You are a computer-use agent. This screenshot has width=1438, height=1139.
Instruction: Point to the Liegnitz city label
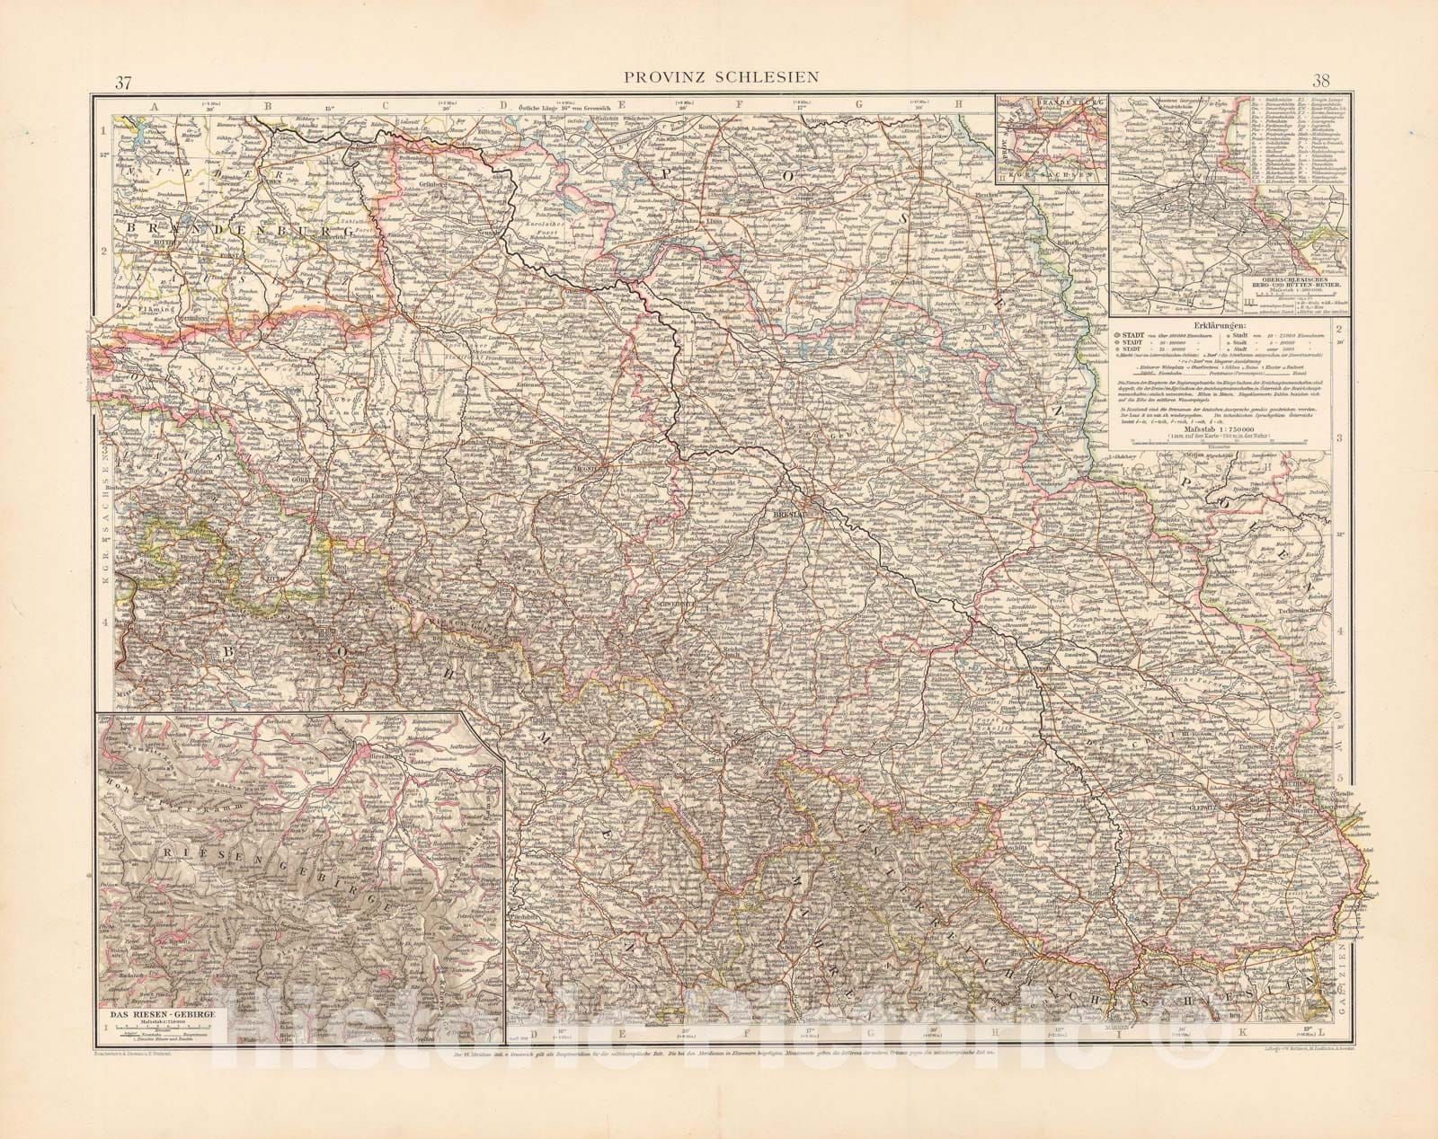[597, 465]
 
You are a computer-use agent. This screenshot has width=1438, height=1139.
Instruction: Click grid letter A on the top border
[155, 107]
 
